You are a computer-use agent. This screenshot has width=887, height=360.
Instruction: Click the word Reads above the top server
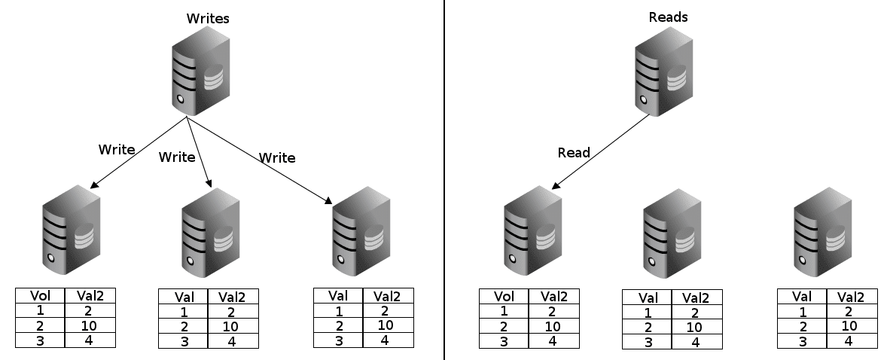[x=668, y=17]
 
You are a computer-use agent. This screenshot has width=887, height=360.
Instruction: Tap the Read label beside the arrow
[x=574, y=153]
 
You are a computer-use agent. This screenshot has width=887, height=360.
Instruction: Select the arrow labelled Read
[x=600, y=151]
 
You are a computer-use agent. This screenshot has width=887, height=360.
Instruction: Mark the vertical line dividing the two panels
[x=444, y=180]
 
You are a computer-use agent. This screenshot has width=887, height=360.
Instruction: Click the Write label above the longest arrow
[x=277, y=157]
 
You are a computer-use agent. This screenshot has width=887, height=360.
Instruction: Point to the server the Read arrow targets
[x=533, y=229]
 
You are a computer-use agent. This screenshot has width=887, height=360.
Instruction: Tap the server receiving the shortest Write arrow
[x=210, y=231]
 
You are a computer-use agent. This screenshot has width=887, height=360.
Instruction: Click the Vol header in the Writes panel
[x=40, y=296]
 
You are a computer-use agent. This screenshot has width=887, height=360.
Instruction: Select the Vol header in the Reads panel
[x=504, y=297]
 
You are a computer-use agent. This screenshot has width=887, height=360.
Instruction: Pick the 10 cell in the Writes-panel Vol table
[x=90, y=325]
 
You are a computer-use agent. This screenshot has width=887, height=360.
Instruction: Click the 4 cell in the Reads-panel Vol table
[x=553, y=341]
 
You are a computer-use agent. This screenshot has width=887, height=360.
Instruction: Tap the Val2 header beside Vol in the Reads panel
[x=553, y=297]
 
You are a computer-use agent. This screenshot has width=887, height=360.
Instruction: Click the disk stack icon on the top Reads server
[x=676, y=78]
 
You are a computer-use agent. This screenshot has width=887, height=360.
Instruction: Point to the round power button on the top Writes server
[x=181, y=98]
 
